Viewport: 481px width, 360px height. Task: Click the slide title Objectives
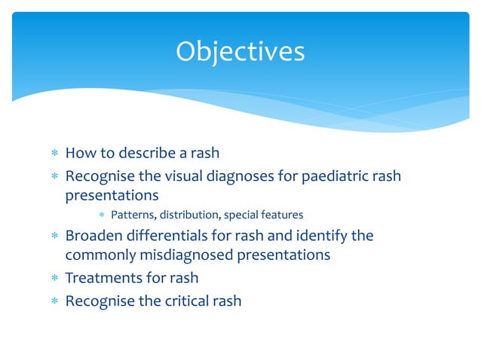pos(240,52)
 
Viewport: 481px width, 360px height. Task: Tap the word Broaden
pos(93,236)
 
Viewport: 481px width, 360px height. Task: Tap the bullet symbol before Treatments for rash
pos(54,279)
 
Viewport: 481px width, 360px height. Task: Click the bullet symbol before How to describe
pos(54,154)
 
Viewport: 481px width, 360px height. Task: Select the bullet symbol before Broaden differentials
pos(54,236)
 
